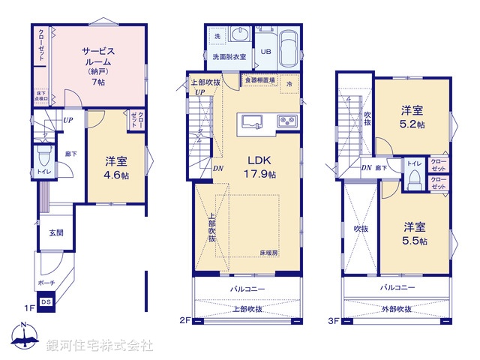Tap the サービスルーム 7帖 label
coord(97,65)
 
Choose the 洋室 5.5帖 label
coord(414,233)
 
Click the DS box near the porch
coord(46,302)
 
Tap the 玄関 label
coord(57,233)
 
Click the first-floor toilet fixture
coord(43,157)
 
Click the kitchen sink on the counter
coord(250,121)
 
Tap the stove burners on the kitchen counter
coord(286,121)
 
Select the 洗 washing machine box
coord(217,37)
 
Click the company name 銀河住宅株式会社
coord(100,346)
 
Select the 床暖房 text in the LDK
coord(269,253)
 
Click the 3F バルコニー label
coord(397,287)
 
